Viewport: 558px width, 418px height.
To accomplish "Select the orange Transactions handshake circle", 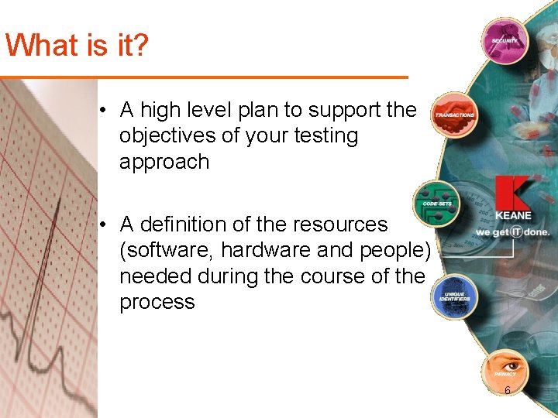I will (x=454, y=115).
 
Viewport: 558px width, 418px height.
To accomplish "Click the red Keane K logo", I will (x=511, y=195).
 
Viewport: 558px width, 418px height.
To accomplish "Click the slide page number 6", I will (x=507, y=390).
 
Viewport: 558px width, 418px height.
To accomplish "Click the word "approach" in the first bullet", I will (x=164, y=162).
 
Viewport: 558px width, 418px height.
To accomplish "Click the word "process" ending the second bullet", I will (x=157, y=302).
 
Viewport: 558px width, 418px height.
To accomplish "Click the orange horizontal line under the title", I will (x=203, y=77).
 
